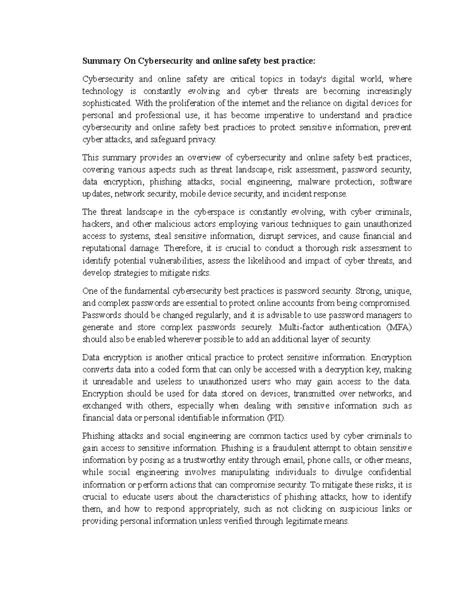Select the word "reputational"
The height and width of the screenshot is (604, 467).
click(x=104, y=248)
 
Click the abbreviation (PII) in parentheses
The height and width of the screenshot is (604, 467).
click(x=276, y=418)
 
